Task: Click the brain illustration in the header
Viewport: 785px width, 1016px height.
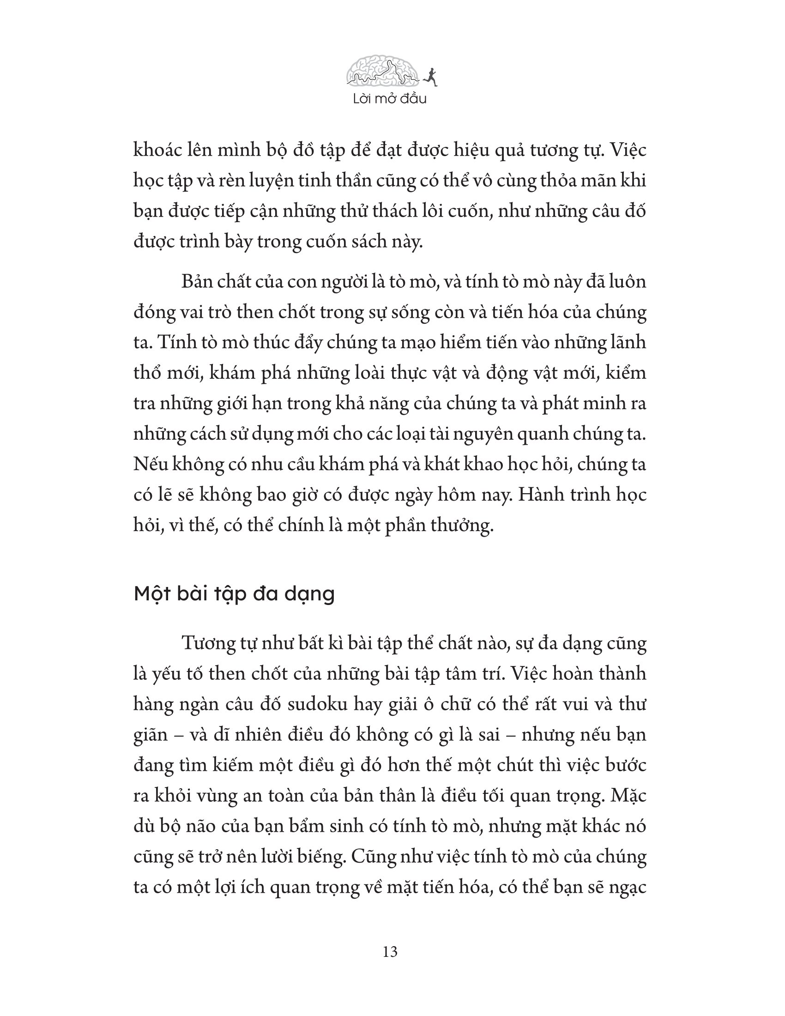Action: (x=382, y=73)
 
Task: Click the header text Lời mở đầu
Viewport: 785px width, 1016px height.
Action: (x=390, y=99)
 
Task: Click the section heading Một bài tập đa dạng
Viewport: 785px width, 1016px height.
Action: (x=234, y=594)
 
